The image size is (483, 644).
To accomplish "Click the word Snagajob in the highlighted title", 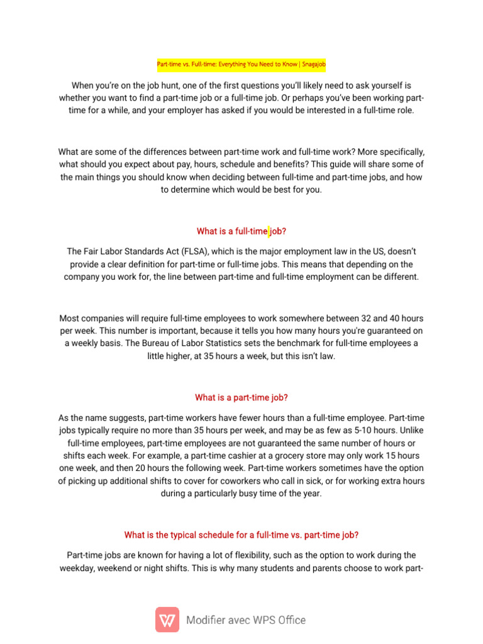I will (313, 64).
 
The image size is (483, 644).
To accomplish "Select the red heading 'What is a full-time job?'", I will (241, 231).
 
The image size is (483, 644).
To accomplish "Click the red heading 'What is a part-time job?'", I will (241, 397).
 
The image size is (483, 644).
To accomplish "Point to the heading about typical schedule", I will (241, 535).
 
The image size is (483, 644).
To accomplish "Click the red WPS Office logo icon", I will (167, 619).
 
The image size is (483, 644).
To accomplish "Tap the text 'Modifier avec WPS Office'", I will (246, 620).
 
